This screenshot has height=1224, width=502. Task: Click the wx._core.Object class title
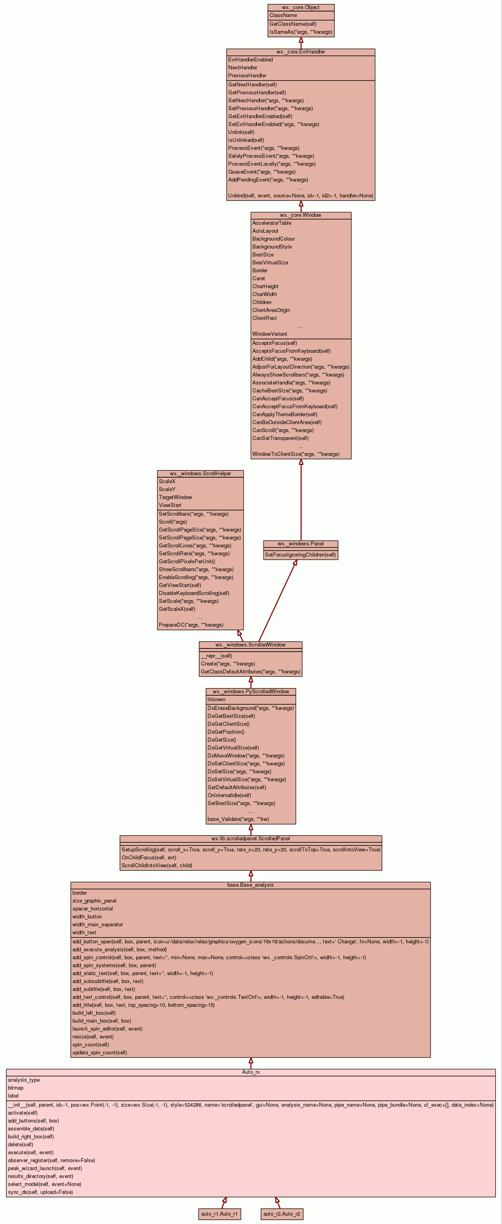tap(301, 8)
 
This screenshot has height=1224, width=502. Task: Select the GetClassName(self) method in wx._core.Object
tap(292, 24)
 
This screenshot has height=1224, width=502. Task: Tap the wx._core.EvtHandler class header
tap(301, 52)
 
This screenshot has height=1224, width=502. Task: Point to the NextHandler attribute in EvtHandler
tap(243, 68)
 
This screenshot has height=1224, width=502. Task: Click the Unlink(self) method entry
tap(241, 132)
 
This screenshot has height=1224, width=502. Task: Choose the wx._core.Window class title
tap(301, 215)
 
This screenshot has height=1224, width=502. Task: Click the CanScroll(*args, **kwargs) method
tap(282, 430)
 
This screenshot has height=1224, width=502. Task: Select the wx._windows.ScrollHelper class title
tap(200, 474)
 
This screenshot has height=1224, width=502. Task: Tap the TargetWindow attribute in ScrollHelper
tap(175, 497)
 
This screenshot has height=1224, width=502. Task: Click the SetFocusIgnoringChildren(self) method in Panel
tap(300, 555)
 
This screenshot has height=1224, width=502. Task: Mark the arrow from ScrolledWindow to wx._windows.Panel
tap(277, 601)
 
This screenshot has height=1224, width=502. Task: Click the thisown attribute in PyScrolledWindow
tap(217, 700)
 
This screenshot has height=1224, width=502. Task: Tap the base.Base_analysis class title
tap(250, 885)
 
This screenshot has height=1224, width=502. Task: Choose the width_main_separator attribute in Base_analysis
tap(97, 925)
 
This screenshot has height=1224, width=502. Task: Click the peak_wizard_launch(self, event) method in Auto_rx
tap(45, 1169)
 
